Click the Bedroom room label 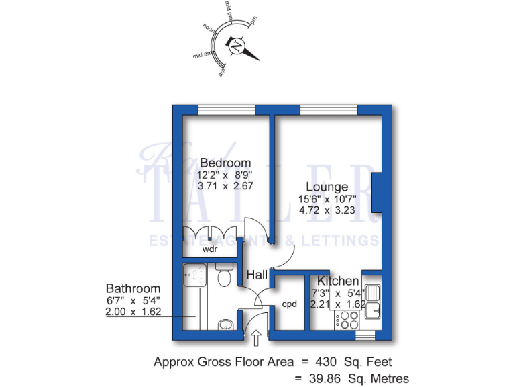point(225,163)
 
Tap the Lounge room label point(327,187)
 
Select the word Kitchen point(338,281)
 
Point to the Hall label point(257,275)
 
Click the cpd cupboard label point(290,304)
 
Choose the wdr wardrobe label point(210,249)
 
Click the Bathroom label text point(133,288)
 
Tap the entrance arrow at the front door point(257,337)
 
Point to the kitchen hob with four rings point(349,322)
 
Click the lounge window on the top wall point(329,110)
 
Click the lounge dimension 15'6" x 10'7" point(327,199)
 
